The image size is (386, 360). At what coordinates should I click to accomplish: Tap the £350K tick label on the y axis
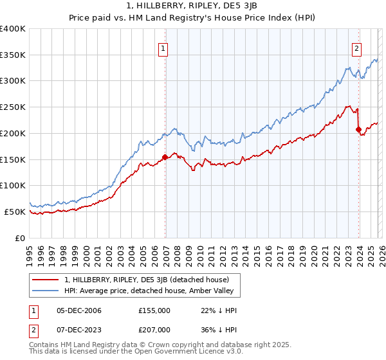point(13,55)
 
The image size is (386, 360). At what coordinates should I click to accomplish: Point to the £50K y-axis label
point(15,212)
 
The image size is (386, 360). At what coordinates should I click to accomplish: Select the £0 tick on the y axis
point(21,238)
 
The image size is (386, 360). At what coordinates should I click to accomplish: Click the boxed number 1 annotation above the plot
point(163,48)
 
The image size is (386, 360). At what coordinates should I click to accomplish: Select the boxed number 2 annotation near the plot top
point(356,48)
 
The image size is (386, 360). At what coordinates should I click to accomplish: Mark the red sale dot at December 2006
point(165,156)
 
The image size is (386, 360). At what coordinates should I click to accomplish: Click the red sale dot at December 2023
point(358,129)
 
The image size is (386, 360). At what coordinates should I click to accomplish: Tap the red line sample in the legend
point(46,280)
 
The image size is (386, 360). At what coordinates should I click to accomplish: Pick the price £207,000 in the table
point(154,330)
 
